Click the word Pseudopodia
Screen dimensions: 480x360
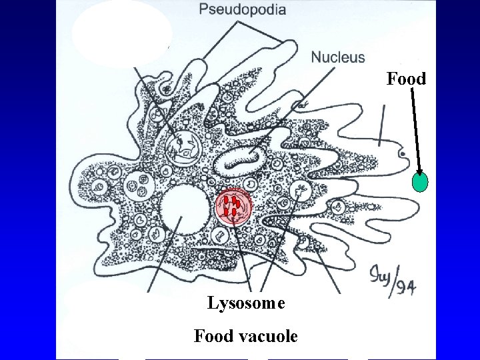coord(242,9)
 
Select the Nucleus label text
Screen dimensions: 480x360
coord(338,57)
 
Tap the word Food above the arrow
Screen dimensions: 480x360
coord(406,79)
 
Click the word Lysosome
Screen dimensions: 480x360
coord(246,304)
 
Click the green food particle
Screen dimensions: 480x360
coord(420,183)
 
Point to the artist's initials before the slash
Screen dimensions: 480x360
coord(379,276)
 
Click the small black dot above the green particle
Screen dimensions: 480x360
coord(403,154)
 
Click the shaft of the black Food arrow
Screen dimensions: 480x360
coord(415,127)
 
